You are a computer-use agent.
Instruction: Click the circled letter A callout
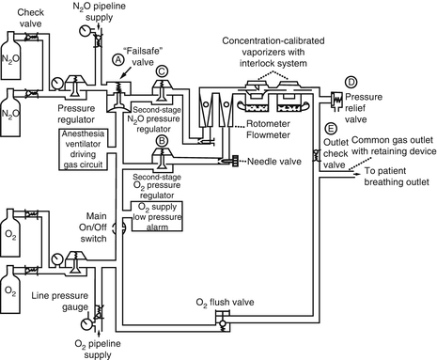click(118, 58)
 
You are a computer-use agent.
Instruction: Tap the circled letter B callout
click(162, 140)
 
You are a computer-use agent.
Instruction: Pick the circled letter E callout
click(330, 127)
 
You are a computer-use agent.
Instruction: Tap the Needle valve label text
click(273, 161)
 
